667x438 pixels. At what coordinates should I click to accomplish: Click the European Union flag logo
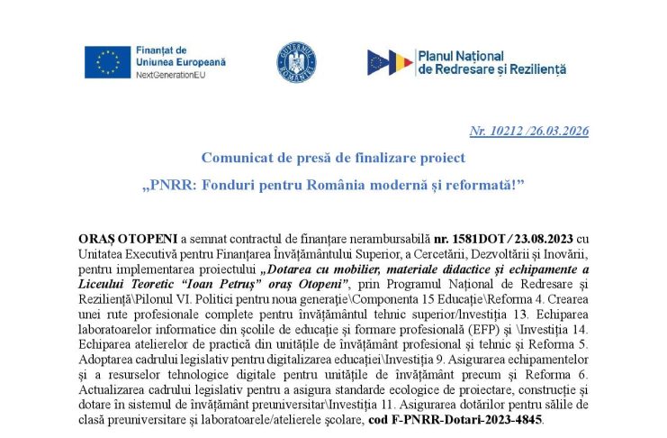click(107, 60)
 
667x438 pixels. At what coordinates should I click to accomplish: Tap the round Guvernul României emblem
click(296, 61)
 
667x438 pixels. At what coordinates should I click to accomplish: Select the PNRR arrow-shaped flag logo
click(390, 62)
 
